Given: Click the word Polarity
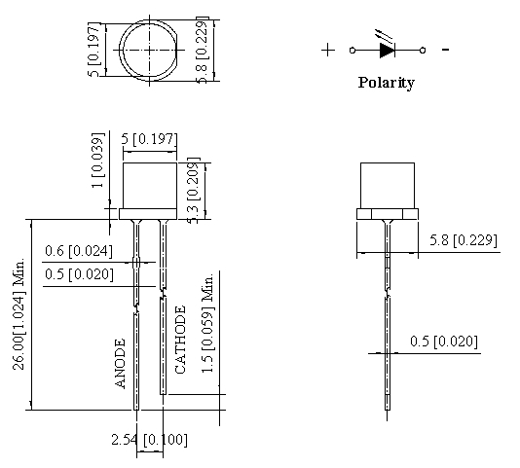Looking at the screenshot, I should click(x=386, y=83).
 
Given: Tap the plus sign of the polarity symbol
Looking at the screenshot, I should click(x=328, y=49).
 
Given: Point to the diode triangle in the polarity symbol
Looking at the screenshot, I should click(x=387, y=49).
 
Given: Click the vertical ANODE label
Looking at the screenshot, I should click(x=122, y=364).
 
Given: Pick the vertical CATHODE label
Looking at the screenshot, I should click(x=179, y=340).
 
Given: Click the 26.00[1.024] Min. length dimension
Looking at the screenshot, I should click(x=18, y=313).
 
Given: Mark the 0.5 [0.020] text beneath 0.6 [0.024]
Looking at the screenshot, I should click(x=79, y=274).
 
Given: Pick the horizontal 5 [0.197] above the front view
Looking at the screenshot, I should click(x=149, y=140).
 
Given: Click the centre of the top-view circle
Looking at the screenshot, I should click(x=148, y=50).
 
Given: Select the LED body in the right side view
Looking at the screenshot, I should click(x=388, y=185).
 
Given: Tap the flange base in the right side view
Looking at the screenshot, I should click(x=388, y=213).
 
